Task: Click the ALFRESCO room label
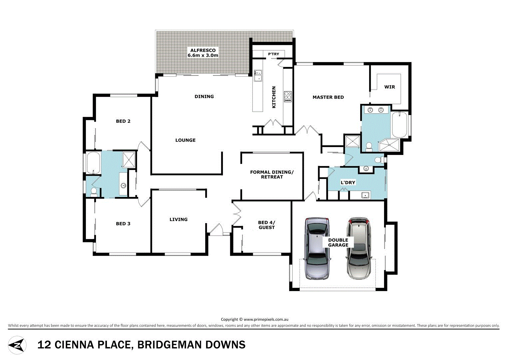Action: (203, 50)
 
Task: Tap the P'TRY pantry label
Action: (273, 54)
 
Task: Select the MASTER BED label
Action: (328, 97)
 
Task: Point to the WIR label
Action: (389, 87)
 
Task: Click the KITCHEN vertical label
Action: (274, 97)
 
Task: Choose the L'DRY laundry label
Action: (348, 183)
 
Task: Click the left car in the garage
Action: (318, 248)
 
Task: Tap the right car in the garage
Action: (358, 248)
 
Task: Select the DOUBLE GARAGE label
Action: (338, 242)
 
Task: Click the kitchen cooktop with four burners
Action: (288, 96)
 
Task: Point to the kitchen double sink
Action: (258, 76)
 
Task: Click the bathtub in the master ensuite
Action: (399, 125)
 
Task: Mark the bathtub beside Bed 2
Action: (93, 163)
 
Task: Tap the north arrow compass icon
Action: (17, 345)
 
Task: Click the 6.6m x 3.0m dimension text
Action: (203, 55)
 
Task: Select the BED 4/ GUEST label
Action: (266, 225)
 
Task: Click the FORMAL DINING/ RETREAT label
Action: (272, 175)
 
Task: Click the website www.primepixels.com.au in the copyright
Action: (266, 319)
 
